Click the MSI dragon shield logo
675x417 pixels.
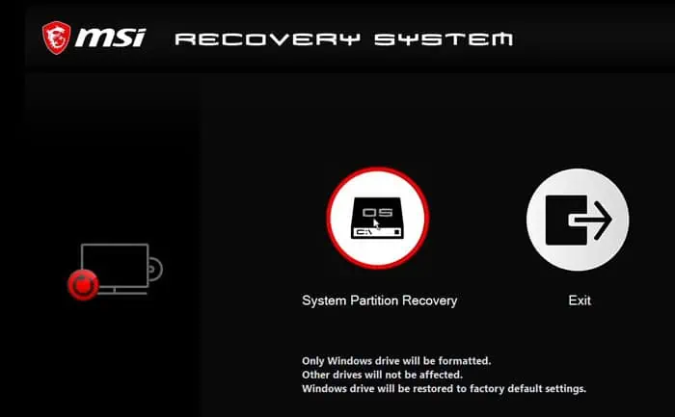point(56,39)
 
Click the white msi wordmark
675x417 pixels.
point(114,39)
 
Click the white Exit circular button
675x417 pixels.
point(578,219)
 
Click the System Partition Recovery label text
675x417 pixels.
point(379,300)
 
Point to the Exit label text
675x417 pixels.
point(580,300)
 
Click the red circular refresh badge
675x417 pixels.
point(84,284)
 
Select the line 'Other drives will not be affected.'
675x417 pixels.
point(382,375)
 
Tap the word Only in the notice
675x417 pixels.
point(314,361)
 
